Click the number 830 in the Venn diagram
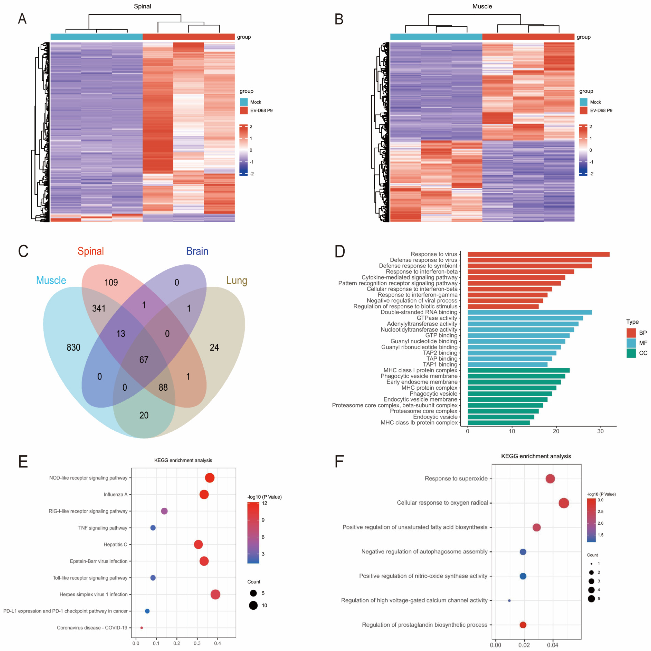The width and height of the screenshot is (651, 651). point(73,347)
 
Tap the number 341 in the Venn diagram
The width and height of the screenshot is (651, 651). point(99,308)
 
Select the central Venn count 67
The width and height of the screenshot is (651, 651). point(144,360)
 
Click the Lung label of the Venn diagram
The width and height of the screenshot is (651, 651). point(237,280)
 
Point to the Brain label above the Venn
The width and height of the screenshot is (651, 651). point(197,251)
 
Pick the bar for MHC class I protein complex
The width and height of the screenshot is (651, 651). point(518,370)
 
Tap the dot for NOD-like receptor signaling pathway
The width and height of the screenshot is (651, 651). point(210,478)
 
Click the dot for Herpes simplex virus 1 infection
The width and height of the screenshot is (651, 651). point(215,594)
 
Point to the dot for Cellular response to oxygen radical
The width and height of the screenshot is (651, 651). point(564,503)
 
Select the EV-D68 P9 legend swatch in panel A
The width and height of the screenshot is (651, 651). point(244,111)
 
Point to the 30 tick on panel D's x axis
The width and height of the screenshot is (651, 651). point(600,431)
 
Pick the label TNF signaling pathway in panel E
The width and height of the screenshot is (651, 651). point(103,528)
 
